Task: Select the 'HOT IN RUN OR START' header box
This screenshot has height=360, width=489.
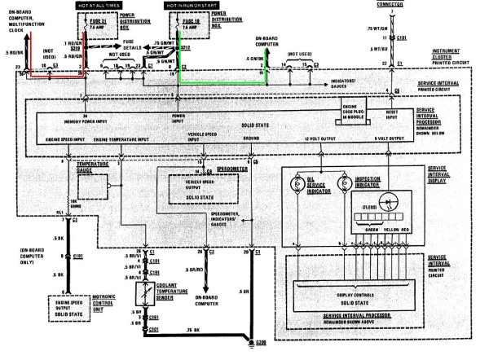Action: pyautogui.click(x=191, y=6)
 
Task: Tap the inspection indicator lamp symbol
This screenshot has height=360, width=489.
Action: pyautogui.click(x=341, y=184)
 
